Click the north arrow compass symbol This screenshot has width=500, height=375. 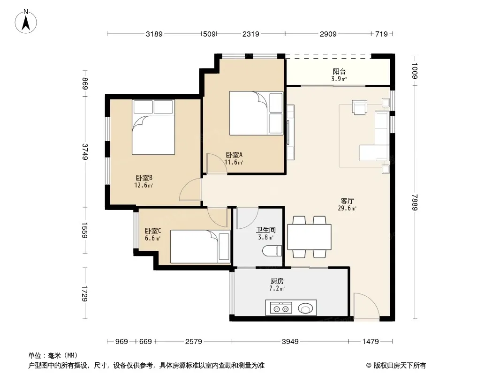pyautogui.click(x=26, y=22)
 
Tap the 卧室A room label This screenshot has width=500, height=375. pyautogui.click(x=234, y=155)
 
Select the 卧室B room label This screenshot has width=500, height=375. pyautogui.click(x=144, y=178)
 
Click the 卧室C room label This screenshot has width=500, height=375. pyautogui.click(x=153, y=231)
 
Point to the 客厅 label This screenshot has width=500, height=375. pyautogui.click(x=347, y=201)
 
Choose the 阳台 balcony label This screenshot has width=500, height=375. pyautogui.click(x=339, y=72)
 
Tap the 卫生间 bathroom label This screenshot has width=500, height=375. pyautogui.click(x=265, y=230)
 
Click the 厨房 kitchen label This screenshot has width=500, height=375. pyautogui.click(x=277, y=281)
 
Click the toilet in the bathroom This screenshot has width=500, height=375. pyautogui.click(x=272, y=251)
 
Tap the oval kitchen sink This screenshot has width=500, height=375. pyautogui.click(x=305, y=308)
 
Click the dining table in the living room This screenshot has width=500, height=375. pyautogui.click(x=309, y=237)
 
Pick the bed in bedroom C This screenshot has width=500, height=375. pyautogui.click(x=200, y=247)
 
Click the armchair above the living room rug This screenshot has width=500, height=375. pyautogui.click(x=360, y=107)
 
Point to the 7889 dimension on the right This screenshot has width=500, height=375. pyautogui.click(x=415, y=202)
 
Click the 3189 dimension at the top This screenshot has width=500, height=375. pyautogui.click(x=154, y=34)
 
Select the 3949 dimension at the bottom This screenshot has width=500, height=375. pyautogui.click(x=290, y=342)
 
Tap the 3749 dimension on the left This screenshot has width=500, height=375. pyautogui.click(x=85, y=152)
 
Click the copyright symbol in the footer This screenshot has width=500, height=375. pyautogui.click(x=369, y=366)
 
